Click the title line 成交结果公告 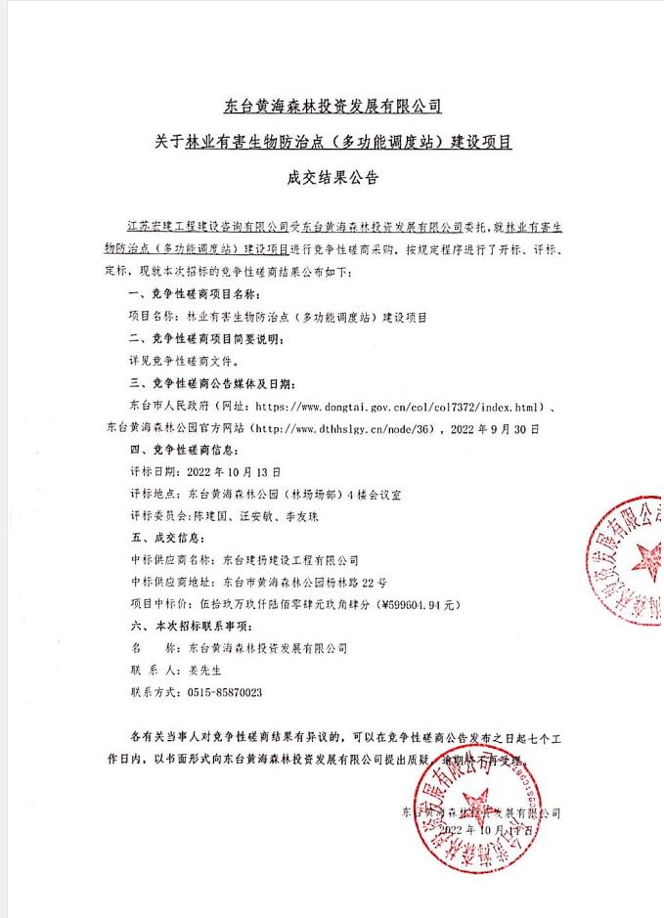(x=331, y=179)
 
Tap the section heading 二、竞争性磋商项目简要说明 (x=206, y=337)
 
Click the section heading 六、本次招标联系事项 (x=195, y=626)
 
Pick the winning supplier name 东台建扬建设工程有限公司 (x=290, y=560)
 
